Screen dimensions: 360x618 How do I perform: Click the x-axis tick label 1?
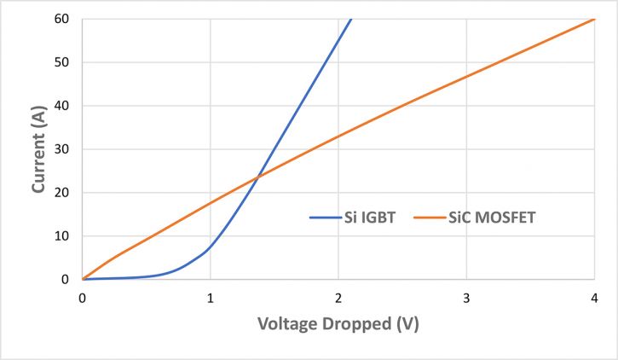(x=211, y=297)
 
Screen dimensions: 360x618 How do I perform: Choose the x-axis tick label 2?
(x=338, y=297)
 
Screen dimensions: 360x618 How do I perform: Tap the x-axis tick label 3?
(x=466, y=297)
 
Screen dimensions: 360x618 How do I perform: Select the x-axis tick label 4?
(x=594, y=297)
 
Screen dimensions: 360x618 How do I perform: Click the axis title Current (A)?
(x=39, y=149)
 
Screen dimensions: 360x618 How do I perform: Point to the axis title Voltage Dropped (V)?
(x=338, y=325)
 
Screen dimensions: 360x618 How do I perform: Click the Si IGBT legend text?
(x=370, y=218)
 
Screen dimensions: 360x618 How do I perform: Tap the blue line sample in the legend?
(x=323, y=218)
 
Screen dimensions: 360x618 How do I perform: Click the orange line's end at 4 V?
(x=594, y=19)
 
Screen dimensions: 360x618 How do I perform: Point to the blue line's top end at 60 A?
(x=350, y=19)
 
